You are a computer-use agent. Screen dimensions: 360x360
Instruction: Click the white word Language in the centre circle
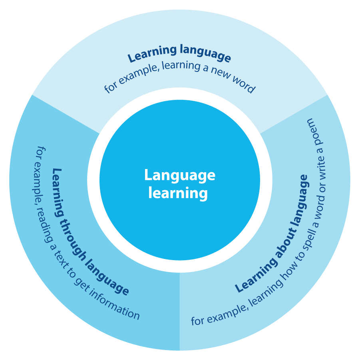pyautogui.click(x=180, y=175)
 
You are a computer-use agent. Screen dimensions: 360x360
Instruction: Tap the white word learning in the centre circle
pyautogui.click(x=178, y=193)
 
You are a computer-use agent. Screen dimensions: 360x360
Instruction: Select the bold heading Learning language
pyautogui.click(x=179, y=54)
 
